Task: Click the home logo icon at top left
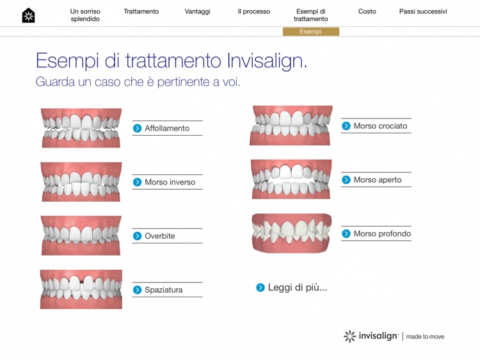pyautogui.click(x=28, y=15)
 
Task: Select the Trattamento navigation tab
pyautogui.click(x=141, y=12)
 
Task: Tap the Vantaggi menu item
pyautogui.click(x=197, y=12)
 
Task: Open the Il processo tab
pyautogui.click(x=253, y=12)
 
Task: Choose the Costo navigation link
pyautogui.click(x=367, y=12)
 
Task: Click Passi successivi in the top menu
pyautogui.click(x=423, y=12)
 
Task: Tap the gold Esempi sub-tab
pyautogui.click(x=310, y=31)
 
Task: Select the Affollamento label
pyautogui.click(x=167, y=128)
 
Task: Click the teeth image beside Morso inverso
pyautogui.click(x=81, y=182)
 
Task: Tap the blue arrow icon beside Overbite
pyautogui.click(x=137, y=236)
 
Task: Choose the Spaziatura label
pyautogui.click(x=164, y=290)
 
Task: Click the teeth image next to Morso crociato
pyautogui.click(x=291, y=126)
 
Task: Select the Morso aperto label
pyautogui.click(x=378, y=180)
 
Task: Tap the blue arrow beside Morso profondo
pyautogui.click(x=346, y=234)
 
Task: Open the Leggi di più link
pyautogui.click(x=297, y=288)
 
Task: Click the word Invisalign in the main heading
pyautogui.click(x=267, y=61)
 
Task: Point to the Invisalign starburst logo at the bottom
pyautogui.click(x=349, y=336)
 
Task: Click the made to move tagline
pyautogui.click(x=425, y=336)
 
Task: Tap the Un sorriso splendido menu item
pyautogui.click(x=85, y=15)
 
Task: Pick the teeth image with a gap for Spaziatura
pyautogui.click(x=81, y=290)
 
